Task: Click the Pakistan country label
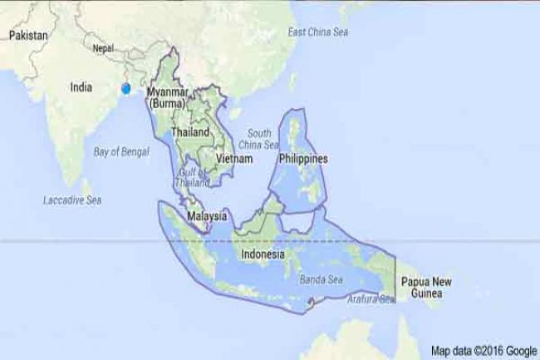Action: pos(28,36)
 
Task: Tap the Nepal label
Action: pos(104,49)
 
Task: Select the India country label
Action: pos(81,86)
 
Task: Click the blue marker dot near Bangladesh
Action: pos(126,88)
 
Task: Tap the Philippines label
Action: pos(303,158)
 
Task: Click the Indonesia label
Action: pos(263,254)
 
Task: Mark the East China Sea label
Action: pos(317,32)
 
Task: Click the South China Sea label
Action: pos(260,138)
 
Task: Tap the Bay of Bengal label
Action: pos(121,152)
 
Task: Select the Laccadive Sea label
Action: pos(72,200)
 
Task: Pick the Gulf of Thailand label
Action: pos(193,178)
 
